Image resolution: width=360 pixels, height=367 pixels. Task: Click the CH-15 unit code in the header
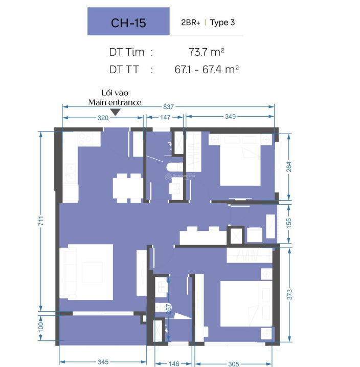click(x=128, y=23)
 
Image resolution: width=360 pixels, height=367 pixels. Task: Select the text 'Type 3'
click(x=222, y=23)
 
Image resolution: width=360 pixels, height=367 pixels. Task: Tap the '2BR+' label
click(x=191, y=23)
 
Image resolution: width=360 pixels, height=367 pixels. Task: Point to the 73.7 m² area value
click(x=207, y=52)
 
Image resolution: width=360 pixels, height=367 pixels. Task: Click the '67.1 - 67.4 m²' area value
click(x=207, y=69)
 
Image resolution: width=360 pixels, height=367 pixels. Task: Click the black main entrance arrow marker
click(x=115, y=112)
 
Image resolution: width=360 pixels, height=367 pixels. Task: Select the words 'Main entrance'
click(x=115, y=102)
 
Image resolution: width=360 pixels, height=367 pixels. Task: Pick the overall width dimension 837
click(x=168, y=107)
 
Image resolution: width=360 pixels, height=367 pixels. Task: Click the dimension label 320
click(x=103, y=118)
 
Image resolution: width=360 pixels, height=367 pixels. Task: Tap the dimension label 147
click(x=165, y=117)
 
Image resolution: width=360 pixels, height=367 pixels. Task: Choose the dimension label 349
click(x=230, y=117)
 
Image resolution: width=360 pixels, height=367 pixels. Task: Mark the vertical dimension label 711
click(x=41, y=221)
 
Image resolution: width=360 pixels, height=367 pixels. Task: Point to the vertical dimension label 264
click(x=289, y=167)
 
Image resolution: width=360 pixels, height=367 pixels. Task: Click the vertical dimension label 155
click(x=289, y=223)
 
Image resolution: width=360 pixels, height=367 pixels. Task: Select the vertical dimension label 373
click(x=289, y=294)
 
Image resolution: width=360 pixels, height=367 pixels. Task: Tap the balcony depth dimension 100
click(x=41, y=327)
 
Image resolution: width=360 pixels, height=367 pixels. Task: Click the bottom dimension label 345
click(x=103, y=362)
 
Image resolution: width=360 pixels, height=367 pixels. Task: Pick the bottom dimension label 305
click(x=234, y=364)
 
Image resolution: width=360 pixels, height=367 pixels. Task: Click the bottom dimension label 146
click(x=174, y=364)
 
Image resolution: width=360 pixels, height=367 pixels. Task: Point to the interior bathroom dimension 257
click(x=169, y=309)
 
